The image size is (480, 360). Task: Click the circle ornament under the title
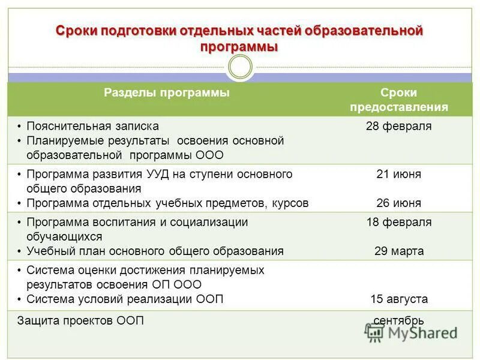click(x=241, y=67)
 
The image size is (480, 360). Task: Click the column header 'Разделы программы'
click(x=167, y=92)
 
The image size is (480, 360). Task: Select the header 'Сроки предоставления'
click(x=398, y=100)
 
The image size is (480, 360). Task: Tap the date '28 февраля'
click(x=398, y=126)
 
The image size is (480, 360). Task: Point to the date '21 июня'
click(x=398, y=174)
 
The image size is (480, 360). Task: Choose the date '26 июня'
click(x=398, y=203)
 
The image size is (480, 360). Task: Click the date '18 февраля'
click(x=398, y=222)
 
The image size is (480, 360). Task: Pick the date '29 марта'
click(x=398, y=251)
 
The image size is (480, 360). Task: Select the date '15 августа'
click(x=398, y=299)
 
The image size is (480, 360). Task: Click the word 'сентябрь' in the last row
click(x=398, y=320)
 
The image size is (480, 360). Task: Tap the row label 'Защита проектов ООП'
click(x=81, y=320)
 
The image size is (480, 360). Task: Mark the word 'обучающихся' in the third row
click(x=64, y=236)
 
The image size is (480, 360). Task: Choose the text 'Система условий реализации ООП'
click(x=125, y=299)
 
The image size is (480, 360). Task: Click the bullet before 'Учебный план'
click(x=19, y=251)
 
